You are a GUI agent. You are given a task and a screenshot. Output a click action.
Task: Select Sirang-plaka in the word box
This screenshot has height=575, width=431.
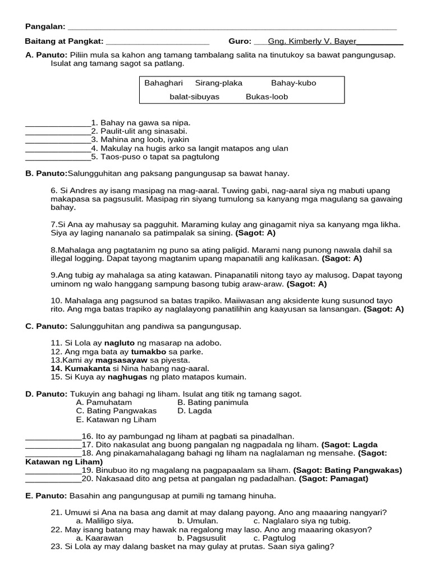coord(219,83)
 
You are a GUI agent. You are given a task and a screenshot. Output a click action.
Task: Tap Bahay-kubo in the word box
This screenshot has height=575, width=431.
coord(294,83)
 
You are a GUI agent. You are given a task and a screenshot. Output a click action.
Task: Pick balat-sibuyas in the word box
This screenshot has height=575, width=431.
coord(195,97)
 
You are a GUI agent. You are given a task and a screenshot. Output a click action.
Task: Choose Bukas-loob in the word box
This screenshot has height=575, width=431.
coord(267,97)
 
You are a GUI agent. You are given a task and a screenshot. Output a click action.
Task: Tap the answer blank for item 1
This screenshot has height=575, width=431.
coord(58,122)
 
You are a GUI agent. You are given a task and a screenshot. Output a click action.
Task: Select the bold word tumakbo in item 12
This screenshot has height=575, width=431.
coord(147,352)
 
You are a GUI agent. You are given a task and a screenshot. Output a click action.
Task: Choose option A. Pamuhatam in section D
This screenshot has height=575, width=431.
coord(104,403)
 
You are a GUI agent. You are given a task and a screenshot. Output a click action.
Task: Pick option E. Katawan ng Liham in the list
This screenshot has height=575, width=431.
coord(116,419)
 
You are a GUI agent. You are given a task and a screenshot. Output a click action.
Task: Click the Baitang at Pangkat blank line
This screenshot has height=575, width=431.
coord(157,42)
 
